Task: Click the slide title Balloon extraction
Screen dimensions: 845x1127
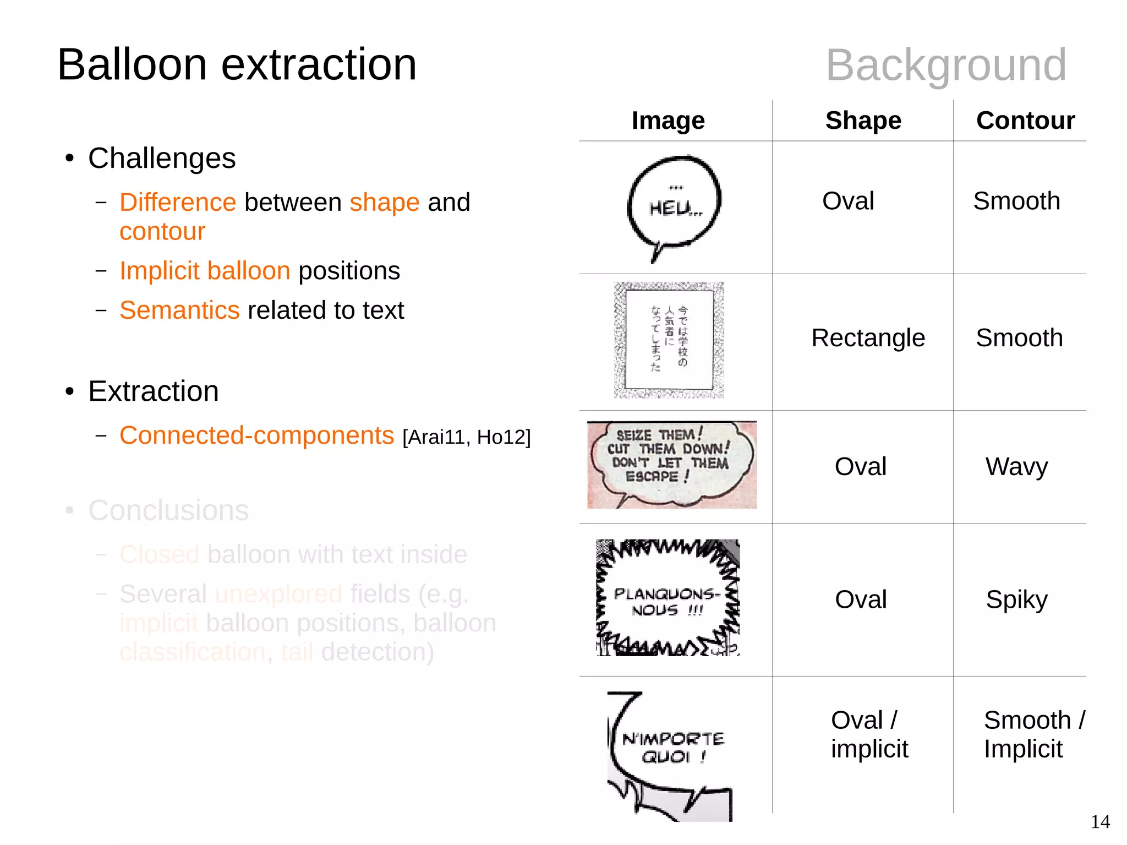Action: pyautogui.click(x=237, y=65)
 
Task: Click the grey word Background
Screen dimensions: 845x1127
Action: pyautogui.click(x=946, y=66)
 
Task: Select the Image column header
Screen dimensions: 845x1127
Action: pyautogui.click(x=668, y=121)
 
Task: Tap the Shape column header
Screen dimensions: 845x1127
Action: pyautogui.click(x=863, y=121)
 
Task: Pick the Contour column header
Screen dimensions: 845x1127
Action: pyautogui.click(x=1025, y=121)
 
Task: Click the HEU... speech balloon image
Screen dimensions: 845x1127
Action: pyautogui.click(x=674, y=206)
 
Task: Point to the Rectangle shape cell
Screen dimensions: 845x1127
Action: pyautogui.click(x=868, y=338)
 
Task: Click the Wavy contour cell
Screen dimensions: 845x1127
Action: pyautogui.click(x=1016, y=467)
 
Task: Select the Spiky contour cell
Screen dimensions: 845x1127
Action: pyautogui.click(x=1016, y=599)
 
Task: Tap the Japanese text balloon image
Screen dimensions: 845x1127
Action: pyautogui.click(x=669, y=340)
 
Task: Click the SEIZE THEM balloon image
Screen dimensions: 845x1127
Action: pyautogui.click(x=671, y=465)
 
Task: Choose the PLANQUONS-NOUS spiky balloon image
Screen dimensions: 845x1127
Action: pyautogui.click(x=668, y=598)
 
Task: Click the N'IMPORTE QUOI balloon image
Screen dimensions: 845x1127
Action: pyautogui.click(x=670, y=756)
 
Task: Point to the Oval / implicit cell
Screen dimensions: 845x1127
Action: pyautogui.click(x=868, y=734)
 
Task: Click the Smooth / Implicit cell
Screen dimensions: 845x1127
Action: pyautogui.click(x=1033, y=734)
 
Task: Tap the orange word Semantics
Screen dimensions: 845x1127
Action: pyautogui.click(x=179, y=310)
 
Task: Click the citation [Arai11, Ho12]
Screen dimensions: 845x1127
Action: pyautogui.click(x=466, y=437)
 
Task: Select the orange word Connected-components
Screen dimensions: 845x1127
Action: pyautogui.click(x=256, y=435)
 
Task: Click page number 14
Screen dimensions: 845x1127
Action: pyautogui.click(x=1100, y=822)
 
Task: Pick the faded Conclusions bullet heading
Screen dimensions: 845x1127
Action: pyautogui.click(x=168, y=510)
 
